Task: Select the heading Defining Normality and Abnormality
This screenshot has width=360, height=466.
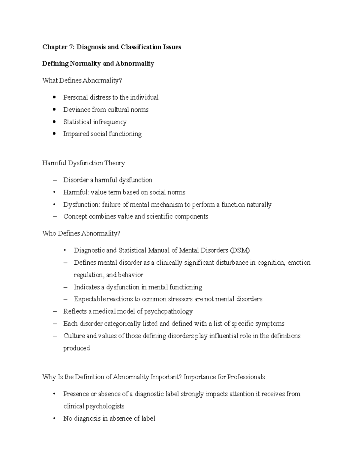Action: click(98, 64)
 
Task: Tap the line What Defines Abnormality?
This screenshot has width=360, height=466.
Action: click(82, 80)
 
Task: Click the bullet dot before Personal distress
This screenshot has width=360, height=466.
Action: click(54, 97)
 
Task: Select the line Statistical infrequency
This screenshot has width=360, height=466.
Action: click(95, 122)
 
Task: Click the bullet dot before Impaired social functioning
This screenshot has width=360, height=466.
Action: click(54, 134)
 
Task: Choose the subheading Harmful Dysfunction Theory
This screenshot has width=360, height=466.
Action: click(83, 163)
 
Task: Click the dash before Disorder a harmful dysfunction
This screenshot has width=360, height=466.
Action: click(54, 180)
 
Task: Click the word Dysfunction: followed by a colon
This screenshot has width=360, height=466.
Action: click(81, 205)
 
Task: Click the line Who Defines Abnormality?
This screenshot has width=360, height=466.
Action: click(81, 233)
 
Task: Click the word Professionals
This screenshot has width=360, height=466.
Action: click(246, 377)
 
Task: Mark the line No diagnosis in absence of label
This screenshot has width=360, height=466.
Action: click(109, 418)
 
